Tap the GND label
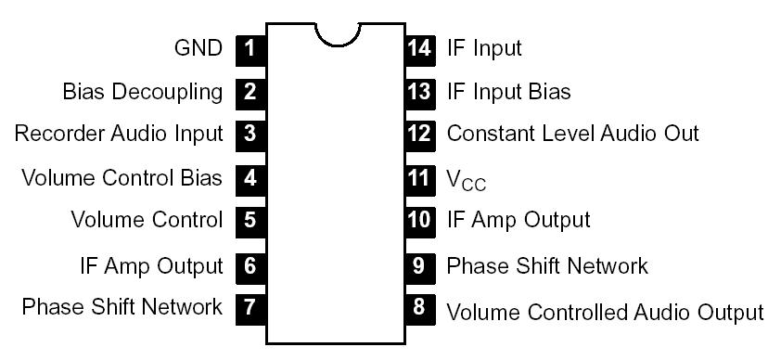coord(198,47)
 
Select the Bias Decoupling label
coord(143,92)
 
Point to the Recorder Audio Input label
coord(119,134)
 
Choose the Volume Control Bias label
coord(122,177)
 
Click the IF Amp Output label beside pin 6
coord(151,266)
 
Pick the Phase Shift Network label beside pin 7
coord(122,307)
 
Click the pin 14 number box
coord(420,47)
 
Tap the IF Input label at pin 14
coord(484,47)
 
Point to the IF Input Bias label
coord(508,92)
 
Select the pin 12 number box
coord(420,134)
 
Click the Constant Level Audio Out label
coord(572,134)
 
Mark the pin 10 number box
coord(420,221)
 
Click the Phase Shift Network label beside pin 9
coord(547,266)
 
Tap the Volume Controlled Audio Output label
coord(605,311)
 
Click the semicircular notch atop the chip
coord(336,34)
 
